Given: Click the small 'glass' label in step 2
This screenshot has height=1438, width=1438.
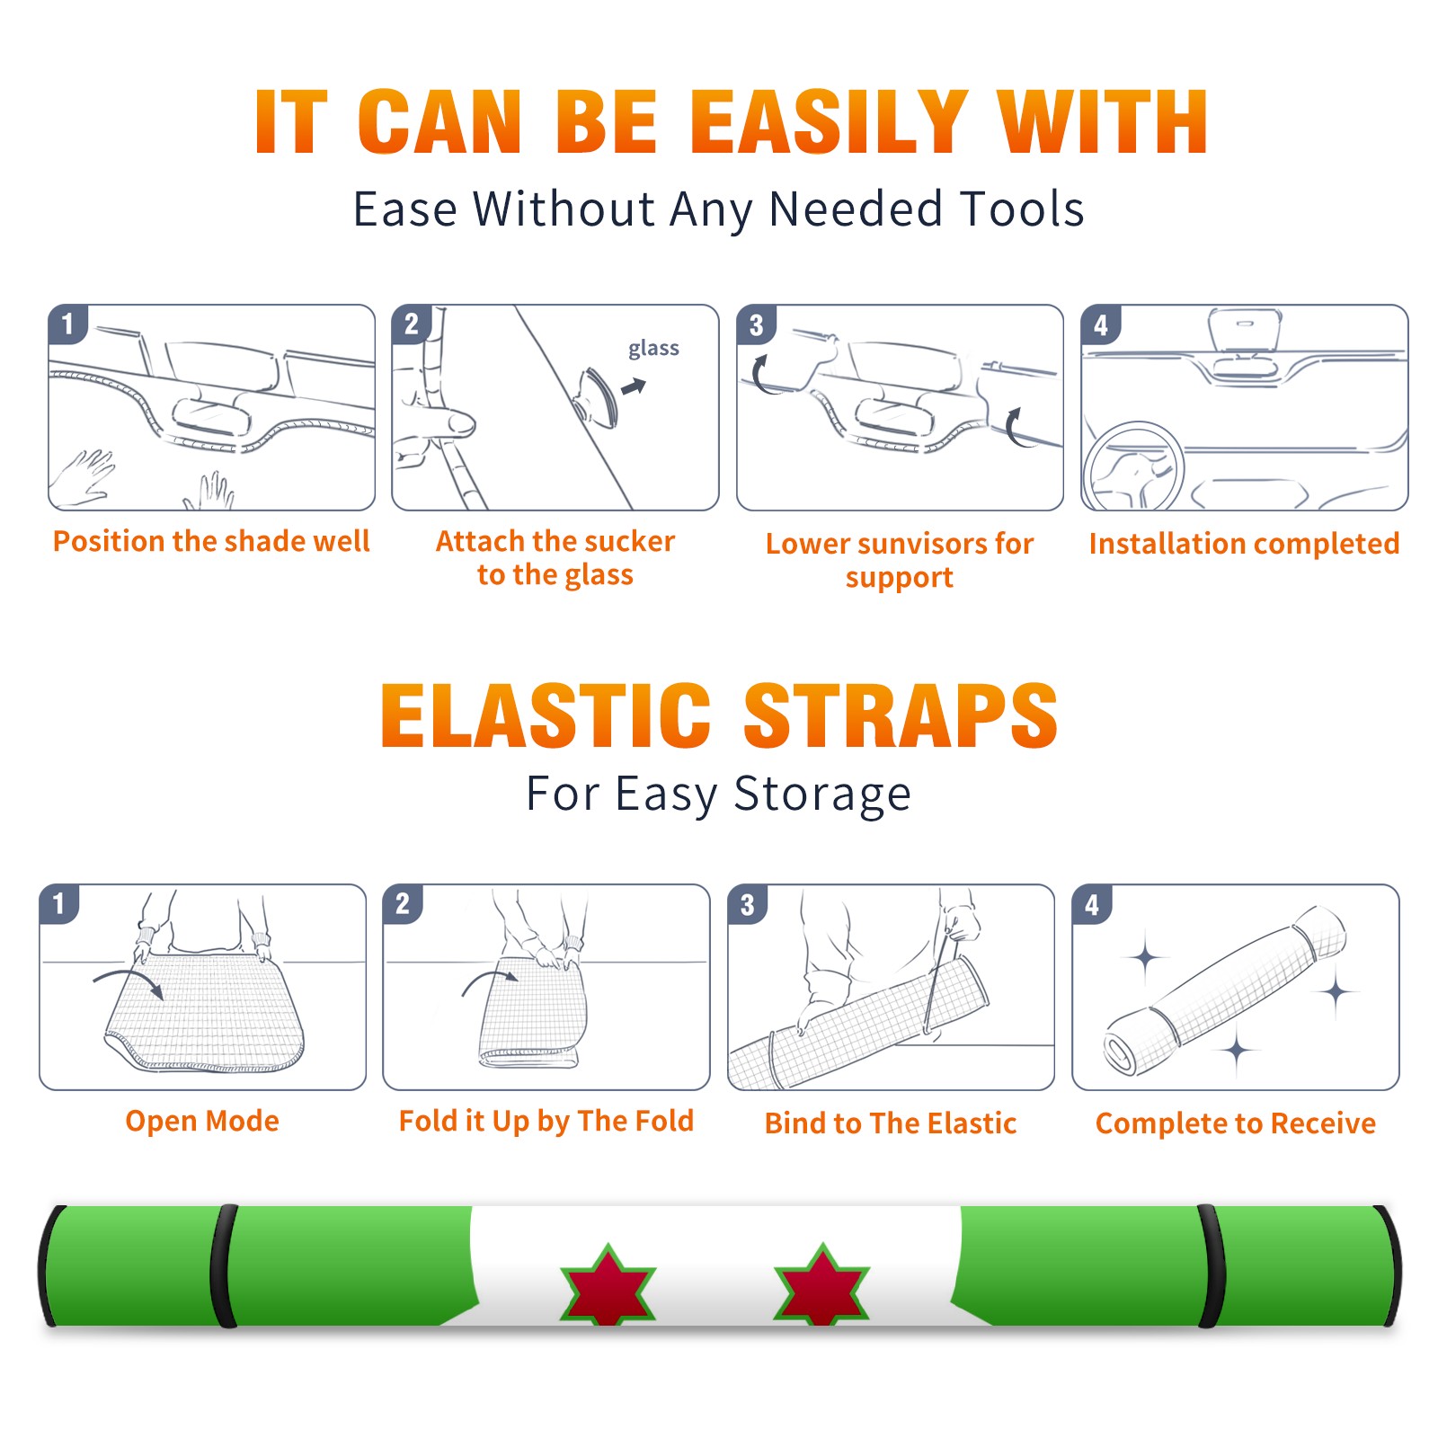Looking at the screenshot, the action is pyautogui.click(x=653, y=349).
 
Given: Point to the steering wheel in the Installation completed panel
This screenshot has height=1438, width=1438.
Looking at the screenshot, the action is pyautogui.click(x=1133, y=467).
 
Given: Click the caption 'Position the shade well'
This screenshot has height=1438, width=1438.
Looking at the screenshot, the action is pyautogui.click(x=211, y=541).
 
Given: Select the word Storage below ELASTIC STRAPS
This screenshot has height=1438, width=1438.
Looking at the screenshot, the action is pyautogui.click(x=822, y=794).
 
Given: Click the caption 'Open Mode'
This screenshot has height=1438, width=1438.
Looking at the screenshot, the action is pyautogui.click(x=202, y=1121).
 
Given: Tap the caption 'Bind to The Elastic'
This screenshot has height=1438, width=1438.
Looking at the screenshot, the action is pyautogui.click(x=890, y=1123).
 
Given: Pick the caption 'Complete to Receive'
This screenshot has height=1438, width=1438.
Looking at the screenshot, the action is pyautogui.click(x=1236, y=1123).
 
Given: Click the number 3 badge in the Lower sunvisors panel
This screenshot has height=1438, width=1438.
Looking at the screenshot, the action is pyautogui.click(x=756, y=324).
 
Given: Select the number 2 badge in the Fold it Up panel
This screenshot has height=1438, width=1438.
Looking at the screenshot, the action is pyautogui.click(x=403, y=904).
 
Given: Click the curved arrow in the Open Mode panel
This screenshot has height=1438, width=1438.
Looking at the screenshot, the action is pyautogui.click(x=128, y=977).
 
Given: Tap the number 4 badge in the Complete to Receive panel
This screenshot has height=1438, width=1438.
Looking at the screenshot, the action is pyautogui.click(x=1092, y=904).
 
